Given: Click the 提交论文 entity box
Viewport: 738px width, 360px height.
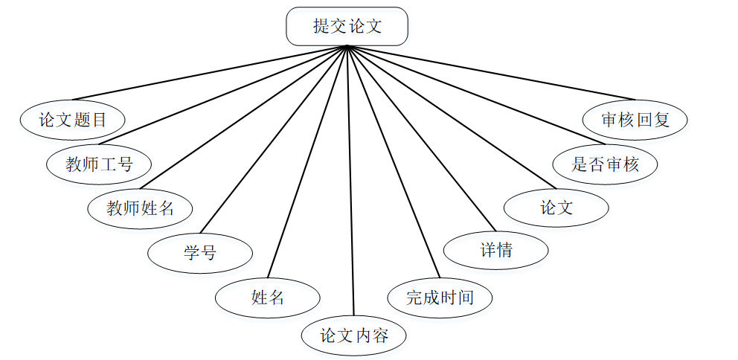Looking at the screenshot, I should (x=347, y=26).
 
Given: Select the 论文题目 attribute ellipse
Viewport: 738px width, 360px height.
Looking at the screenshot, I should (x=72, y=120).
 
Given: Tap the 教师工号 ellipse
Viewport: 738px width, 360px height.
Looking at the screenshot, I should (x=99, y=164).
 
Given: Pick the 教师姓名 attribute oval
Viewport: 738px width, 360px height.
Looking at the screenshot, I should (x=140, y=208).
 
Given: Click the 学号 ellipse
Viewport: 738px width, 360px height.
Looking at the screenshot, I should (x=200, y=253).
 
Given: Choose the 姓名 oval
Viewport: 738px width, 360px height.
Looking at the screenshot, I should (x=268, y=298).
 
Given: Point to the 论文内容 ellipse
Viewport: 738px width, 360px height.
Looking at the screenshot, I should (x=354, y=335).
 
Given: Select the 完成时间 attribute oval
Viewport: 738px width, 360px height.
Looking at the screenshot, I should (x=440, y=298).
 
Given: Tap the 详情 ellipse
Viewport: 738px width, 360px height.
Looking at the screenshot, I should (x=496, y=250).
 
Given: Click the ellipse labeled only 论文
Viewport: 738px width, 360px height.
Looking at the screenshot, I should (x=556, y=208).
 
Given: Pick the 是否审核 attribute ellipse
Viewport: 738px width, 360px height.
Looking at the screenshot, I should (x=606, y=164).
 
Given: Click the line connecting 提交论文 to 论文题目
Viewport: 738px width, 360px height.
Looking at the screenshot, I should (x=209, y=73).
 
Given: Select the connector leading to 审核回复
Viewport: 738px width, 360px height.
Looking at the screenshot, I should (x=492, y=73).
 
